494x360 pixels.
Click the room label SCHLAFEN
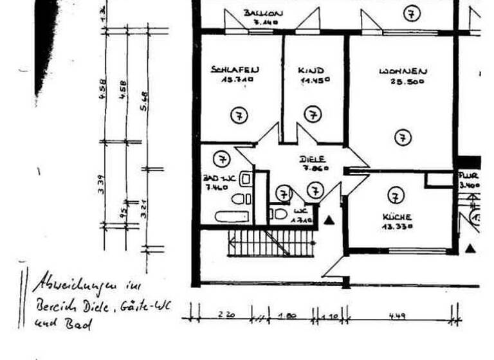[x=235, y=69]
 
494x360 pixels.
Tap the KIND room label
[x=311, y=70]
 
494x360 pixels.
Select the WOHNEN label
[x=403, y=71]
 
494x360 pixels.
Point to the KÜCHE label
[x=396, y=217]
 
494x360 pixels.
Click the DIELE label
[x=313, y=159]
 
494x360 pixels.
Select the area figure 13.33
[x=396, y=227]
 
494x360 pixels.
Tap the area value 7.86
[x=316, y=168]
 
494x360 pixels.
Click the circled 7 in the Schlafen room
[x=239, y=116]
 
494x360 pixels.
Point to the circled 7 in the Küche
[x=396, y=195]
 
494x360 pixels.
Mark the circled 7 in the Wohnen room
[x=403, y=137]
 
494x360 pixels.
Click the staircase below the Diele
[x=270, y=243]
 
